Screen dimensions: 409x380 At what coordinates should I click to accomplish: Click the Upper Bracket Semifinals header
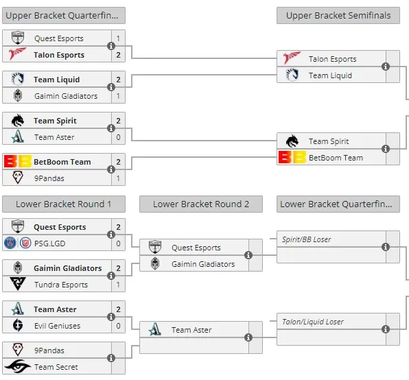point(338,16)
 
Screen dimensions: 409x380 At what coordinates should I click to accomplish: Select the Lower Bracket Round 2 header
point(201,204)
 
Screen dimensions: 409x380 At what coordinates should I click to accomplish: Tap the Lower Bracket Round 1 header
point(64,204)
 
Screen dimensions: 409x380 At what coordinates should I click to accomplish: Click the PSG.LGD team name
point(50,244)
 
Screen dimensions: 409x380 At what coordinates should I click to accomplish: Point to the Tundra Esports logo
point(18,284)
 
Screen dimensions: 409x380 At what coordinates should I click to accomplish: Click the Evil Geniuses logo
point(18,325)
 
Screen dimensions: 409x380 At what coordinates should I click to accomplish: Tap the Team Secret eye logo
point(18,366)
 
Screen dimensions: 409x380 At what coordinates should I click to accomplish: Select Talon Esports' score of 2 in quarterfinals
point(119,55)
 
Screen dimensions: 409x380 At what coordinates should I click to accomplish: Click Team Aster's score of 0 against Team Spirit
point(119,137)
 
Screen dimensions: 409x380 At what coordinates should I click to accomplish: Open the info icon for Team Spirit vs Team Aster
point(111,128)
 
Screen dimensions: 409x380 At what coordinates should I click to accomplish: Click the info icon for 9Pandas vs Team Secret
point(111,358)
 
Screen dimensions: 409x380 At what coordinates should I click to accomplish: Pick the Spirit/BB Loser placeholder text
point(306,239)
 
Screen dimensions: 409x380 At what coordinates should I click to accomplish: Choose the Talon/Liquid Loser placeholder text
point(313,322)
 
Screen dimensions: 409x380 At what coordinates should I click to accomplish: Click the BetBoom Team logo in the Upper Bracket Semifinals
point(292,157)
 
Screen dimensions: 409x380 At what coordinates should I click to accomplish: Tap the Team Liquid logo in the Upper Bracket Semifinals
point(292,75)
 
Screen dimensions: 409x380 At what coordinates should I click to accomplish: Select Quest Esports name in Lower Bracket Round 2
point(196,248)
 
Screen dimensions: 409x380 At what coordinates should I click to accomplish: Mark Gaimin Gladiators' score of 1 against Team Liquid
point(119,96)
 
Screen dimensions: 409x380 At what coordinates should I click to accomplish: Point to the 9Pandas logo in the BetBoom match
point(18,178)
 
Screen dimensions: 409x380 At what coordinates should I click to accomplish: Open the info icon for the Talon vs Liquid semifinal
point(386,67)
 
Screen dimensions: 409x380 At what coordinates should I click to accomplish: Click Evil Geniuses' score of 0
point(119,326)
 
